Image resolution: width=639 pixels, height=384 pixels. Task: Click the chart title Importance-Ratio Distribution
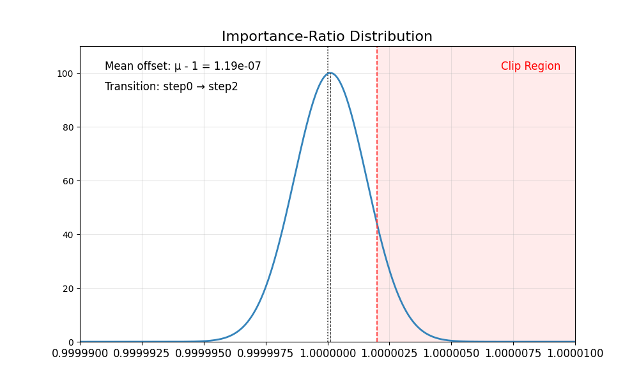327,36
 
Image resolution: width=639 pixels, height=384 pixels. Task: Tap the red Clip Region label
530,66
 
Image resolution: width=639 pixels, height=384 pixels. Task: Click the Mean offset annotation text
183,66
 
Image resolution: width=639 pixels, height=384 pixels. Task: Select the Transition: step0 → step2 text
171,86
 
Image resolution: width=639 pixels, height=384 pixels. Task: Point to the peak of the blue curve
330,73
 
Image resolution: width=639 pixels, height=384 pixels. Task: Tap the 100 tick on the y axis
66,73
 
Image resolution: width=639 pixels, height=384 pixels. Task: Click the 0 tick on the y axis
70,342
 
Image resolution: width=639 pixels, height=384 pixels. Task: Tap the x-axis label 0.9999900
81,353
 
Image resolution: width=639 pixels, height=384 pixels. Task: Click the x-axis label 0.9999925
142,353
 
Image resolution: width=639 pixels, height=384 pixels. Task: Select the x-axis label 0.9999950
204,353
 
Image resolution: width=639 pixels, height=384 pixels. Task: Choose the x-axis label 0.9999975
266,353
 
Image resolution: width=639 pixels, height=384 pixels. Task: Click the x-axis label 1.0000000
328,353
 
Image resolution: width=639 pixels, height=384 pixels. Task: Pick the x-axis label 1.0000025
390,353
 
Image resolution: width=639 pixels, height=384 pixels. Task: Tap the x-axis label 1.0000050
451,353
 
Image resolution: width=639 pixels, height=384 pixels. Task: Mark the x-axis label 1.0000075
513,353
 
